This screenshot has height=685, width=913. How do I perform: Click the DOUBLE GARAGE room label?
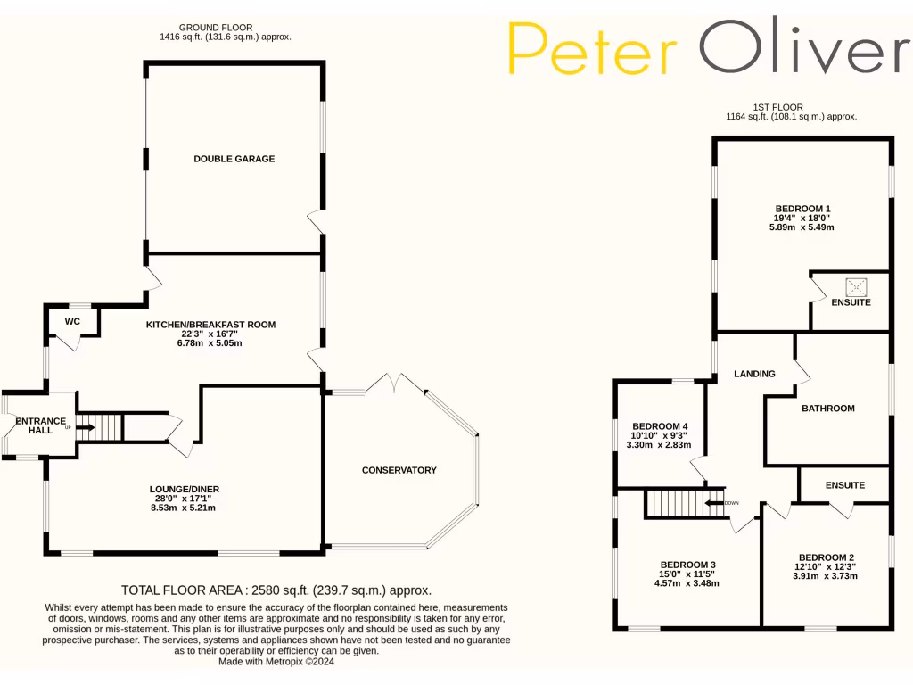tap(234, 159)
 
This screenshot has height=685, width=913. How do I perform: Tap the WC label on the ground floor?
tap(73, 321)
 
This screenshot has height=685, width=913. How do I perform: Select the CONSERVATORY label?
tap(399, 470)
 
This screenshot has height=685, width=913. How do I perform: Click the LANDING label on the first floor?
tap(754, 374)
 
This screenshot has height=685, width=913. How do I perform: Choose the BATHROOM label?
tap(827, 409)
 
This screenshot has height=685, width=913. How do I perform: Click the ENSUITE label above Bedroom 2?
tap(844, 486)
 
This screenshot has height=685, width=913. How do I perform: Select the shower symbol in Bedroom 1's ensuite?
tap(857, 286)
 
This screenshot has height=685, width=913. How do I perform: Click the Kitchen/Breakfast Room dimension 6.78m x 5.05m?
tap(211, 343)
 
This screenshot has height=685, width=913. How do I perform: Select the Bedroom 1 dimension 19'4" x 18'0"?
tap(802, 218)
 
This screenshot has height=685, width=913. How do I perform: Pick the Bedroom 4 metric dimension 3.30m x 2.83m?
tap(659, 444)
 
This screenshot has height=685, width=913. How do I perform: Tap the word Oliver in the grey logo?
tap(805, 47)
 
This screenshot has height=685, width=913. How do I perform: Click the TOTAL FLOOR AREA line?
tap(276, 590)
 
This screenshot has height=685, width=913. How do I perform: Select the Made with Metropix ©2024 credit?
tap(277, 661)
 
